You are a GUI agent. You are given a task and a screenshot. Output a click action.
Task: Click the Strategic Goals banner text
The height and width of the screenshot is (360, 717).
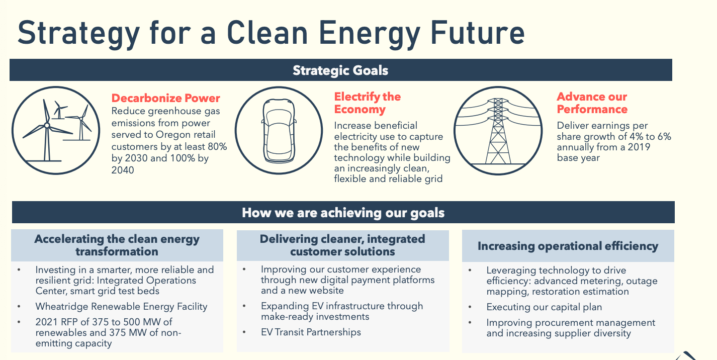pyautogui.click(x=340, y=70)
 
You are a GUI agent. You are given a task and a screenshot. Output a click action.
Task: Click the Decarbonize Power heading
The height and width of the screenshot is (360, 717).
pyautogui.click(x=165, y=98)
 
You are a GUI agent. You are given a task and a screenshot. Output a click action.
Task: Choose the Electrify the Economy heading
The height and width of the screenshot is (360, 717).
pyautogui.click(x=367, y=103)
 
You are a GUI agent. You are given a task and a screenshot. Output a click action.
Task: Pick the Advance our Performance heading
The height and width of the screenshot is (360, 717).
pyautogui.click(x=592, y=103)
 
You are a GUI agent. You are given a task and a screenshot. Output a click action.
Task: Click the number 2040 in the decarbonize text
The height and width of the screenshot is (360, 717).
pyautogui.click(x=123, y=170)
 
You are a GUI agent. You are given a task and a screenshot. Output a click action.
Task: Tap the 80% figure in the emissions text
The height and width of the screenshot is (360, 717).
pyautogui.click(x=215, y=147)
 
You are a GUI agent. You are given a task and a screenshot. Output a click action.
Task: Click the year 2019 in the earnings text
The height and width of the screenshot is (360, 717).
pyautogui.click(x=635, y=147)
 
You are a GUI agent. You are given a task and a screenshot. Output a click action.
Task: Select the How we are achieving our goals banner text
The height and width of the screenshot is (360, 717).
pyautogui.click(x=343, y=213)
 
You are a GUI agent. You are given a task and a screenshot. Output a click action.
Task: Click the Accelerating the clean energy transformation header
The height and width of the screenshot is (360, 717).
pyautogui.click(x=117, y=245)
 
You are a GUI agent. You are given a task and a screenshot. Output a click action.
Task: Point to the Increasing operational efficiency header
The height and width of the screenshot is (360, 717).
pyautogui.click(x=568, y=246)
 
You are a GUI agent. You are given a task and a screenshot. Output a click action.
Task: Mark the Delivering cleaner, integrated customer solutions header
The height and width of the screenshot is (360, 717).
pyautogui.click(x=342, y=245)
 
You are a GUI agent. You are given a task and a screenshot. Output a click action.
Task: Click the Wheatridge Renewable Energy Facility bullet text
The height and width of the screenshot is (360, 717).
pyautogui.click(x=121, y=306)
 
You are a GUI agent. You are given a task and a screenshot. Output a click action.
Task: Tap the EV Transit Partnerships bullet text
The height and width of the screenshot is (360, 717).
pyautogui.click(x=311, y=332)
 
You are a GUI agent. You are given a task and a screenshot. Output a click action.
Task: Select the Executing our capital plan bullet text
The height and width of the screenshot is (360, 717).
pyautogui.click(x=544, y=307)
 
